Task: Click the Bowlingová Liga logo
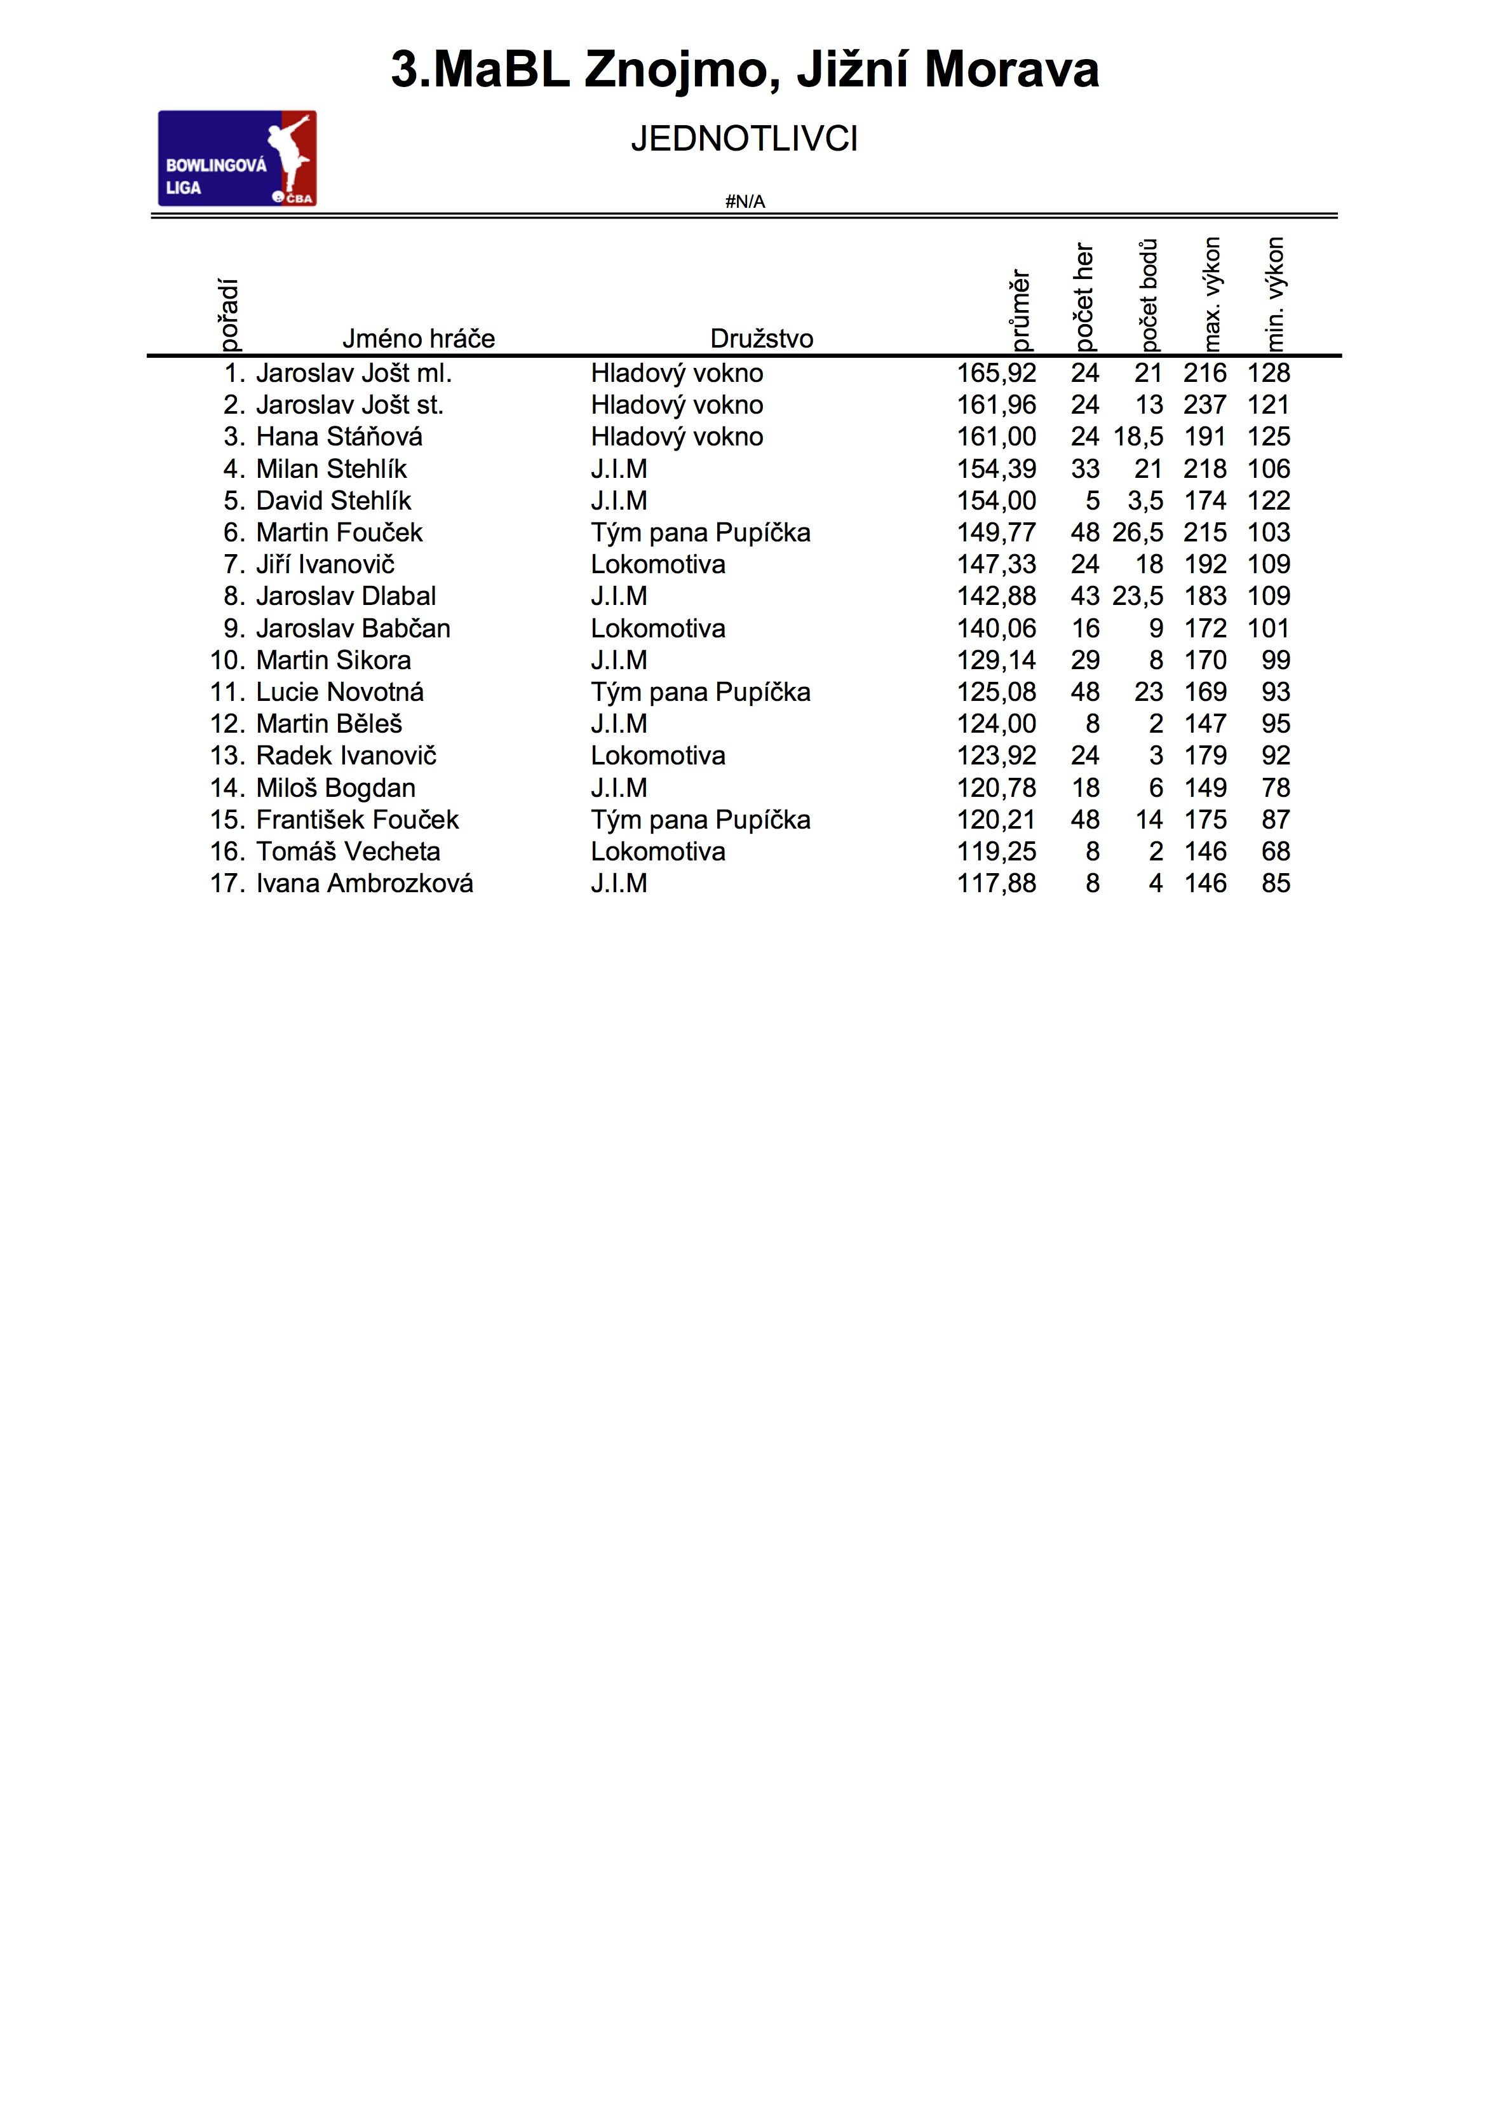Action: click(237, 158)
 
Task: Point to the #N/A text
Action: click(745, 202)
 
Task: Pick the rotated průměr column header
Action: click(1020, 311)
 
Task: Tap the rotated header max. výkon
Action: click(1213, 294)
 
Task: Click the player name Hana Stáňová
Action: click(339, 437)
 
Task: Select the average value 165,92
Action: click(997, 373)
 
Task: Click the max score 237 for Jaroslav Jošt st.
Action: click(1204, 405)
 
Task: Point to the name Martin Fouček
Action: click(339, 533)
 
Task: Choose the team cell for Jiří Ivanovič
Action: click(658, 564)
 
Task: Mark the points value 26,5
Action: click(1138, 533)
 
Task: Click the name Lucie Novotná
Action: click(340, 692)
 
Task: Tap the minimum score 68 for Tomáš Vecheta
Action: click(1276, 852)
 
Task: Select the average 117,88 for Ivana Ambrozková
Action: click(997, 883)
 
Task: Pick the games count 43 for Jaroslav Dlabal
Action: click(1084, 597)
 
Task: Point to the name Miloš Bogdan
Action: click(335, 788)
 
